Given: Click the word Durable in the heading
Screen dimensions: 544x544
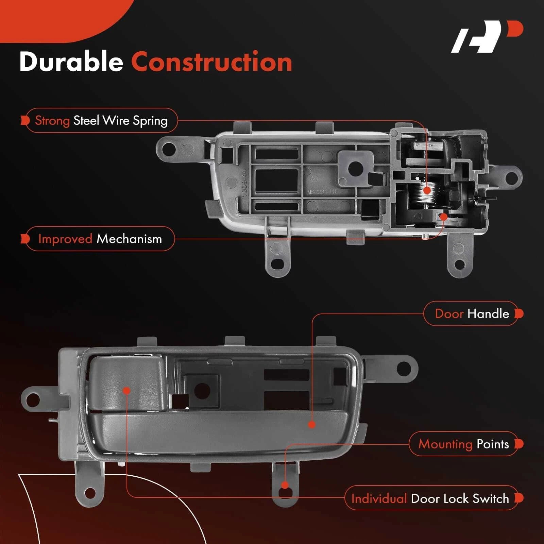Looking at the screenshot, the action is (x=71, y=62).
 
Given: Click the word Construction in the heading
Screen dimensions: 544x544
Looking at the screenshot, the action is (x=212, y=62).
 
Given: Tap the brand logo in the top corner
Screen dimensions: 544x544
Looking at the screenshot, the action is (x=487, y=36).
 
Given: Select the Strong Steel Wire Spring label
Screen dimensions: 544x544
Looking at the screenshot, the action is (x=101, y=120).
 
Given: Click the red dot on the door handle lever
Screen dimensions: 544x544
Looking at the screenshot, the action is (x=312, y=424).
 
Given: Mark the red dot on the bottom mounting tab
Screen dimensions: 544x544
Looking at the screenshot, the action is (x=285, y=485).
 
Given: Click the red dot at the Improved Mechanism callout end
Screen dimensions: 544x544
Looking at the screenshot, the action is (x=443, y=216).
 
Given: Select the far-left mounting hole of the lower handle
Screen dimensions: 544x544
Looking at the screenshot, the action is (x=33, y=400).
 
